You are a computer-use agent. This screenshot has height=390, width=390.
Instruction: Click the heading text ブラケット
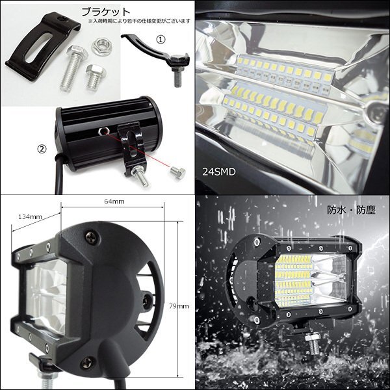point(106,12)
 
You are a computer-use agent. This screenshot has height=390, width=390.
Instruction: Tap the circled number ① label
point(161,39)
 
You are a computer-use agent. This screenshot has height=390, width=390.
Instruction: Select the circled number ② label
point(42,149)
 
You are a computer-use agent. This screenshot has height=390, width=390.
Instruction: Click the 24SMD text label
point(218,172)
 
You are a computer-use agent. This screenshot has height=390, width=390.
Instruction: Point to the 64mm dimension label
point(114,201)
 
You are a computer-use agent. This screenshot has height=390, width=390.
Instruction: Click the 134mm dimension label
point(30,217)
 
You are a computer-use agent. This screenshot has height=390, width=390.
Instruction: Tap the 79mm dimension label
point(179,306)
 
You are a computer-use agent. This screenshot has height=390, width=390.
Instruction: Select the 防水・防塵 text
point(351,211)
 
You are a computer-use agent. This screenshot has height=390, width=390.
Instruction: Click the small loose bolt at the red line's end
point(177,172)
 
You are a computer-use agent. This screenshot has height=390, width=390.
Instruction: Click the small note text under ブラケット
point(139,21)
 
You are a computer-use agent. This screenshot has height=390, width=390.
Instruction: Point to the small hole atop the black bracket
point(60,19)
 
